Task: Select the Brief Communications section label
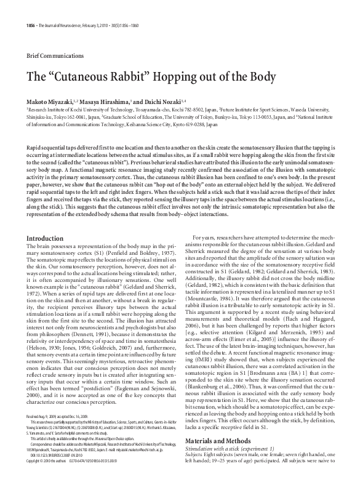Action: pos(52,56)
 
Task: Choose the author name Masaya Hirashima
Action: pos(108,100)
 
